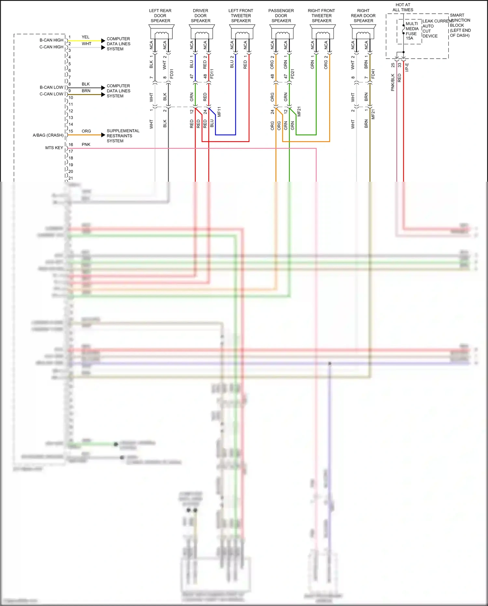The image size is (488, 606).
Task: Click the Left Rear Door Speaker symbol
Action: (161, 32)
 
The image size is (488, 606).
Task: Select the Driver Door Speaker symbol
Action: (202, 32)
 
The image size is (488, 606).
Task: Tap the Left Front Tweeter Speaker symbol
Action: (242, 32)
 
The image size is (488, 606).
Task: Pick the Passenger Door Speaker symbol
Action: (282, 32)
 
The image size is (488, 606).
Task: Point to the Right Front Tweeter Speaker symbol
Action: (323, 32)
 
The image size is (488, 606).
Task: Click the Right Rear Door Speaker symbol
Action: (363, 32)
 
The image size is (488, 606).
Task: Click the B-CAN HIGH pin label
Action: (51, 40)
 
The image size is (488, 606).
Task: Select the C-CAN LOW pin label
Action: (51, 94)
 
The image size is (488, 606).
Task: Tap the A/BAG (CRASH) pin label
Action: (48, 135)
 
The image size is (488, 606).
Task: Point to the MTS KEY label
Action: (54, 148)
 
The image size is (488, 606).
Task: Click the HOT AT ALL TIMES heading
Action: (403, 7)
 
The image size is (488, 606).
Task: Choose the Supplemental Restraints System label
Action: (123, 136)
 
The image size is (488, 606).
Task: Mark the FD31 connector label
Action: (172, 74)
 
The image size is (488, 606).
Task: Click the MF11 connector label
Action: (219, 112)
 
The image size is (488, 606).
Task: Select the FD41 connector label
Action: (373, 74)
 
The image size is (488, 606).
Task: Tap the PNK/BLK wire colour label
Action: (393, 82)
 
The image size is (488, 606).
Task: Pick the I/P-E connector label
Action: (407, 67)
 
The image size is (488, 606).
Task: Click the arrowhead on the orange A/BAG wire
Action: (103, 135)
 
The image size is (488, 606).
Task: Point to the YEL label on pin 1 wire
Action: (86, 37)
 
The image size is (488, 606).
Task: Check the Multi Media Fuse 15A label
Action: (412, 31)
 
